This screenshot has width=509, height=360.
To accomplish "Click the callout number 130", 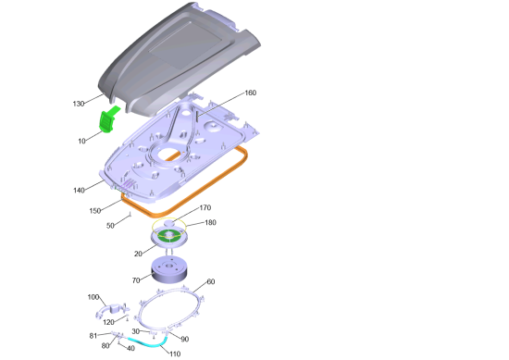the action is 79,104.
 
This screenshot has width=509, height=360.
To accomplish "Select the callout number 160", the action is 250,93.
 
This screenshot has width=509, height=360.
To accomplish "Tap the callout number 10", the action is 81,141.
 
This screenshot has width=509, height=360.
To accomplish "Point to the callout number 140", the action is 79,191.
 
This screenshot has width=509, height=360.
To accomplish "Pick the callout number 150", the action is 95,211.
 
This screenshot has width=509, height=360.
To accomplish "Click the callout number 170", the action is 205,207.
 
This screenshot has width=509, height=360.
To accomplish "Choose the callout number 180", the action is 210,222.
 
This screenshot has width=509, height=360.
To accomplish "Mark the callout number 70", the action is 136,280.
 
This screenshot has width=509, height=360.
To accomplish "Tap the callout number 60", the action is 211,281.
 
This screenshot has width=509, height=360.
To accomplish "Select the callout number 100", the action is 93,297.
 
